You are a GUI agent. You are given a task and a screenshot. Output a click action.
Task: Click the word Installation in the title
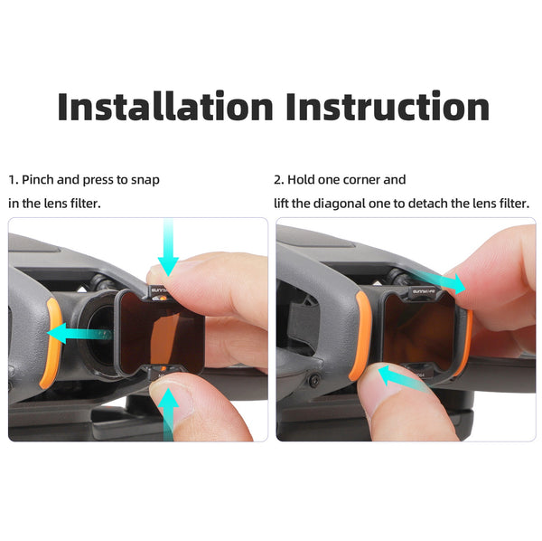(x=165, y=106)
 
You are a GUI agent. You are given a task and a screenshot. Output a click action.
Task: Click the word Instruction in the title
(x=388, y=106)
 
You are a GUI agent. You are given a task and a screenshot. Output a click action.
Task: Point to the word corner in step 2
(x=360, y=180)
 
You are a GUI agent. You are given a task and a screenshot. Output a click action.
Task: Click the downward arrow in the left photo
(x=168, y=247)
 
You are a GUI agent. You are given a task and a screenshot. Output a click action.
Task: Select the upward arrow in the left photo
(x=168, y=414)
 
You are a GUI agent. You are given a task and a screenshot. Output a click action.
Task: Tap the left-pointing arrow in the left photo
(x=79, y=333)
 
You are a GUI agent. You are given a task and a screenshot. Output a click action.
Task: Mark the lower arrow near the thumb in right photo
(x=403, y=378)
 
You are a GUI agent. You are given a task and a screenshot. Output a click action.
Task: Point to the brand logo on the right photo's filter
(x=424, y=292)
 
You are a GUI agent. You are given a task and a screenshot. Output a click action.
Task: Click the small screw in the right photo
(x=313, y=380)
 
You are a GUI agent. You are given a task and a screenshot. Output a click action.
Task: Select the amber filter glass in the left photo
(x=161, y=333)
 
